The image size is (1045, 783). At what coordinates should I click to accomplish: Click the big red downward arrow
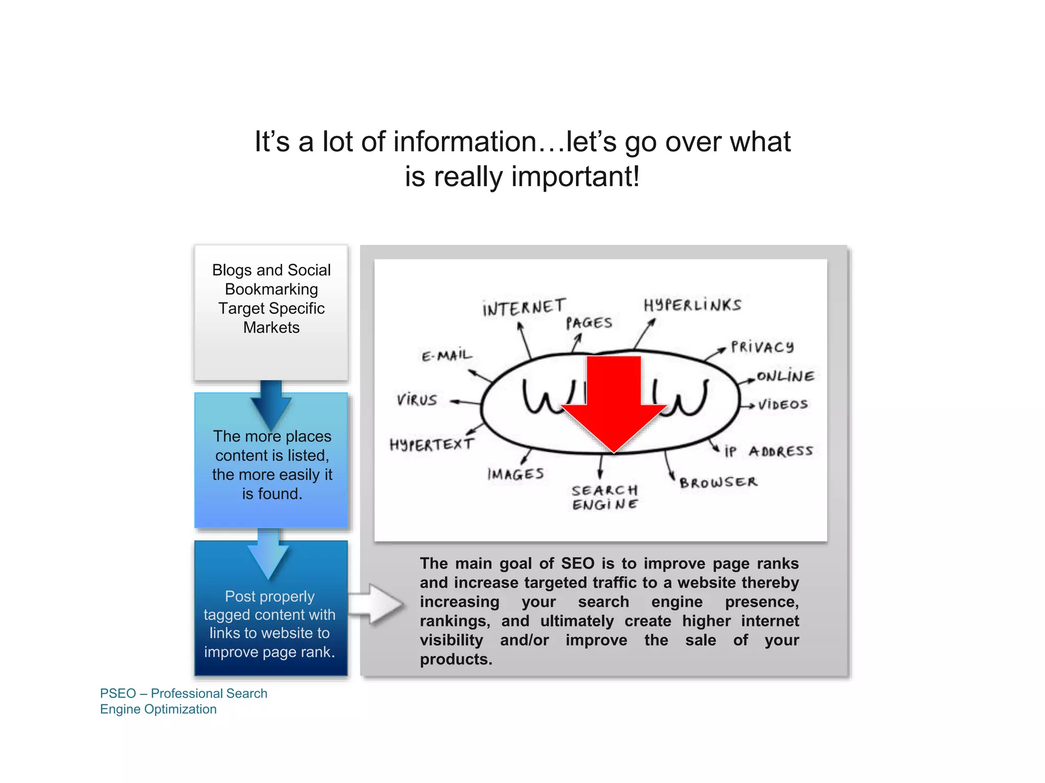[614, 403]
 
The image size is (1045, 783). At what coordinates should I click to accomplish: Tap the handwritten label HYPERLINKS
[692, 305]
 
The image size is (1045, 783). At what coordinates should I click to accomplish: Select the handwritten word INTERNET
[524, 307]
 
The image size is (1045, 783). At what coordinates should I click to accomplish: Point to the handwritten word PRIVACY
[762, 347]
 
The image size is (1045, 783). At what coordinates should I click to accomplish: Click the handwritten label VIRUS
[417, 400]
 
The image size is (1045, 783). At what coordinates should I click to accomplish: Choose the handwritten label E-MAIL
[447, 355]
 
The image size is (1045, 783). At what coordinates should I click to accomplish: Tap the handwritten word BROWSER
[718, 482]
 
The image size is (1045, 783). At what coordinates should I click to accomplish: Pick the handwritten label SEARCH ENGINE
[605, 497]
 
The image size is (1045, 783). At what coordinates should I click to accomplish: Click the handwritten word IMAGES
[515, 474]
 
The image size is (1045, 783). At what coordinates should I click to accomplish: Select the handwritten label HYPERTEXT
[432, 445]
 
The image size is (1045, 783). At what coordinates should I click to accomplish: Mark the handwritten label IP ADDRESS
[768, 451]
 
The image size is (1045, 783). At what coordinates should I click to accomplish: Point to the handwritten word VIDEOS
[783, 405]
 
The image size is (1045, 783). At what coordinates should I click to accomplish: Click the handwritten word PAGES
[589, 323]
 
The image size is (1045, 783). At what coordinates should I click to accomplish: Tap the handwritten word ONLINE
[785, 376]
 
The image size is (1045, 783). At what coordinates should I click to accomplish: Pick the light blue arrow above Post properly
[268, 554]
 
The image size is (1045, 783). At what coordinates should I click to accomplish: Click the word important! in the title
[575, 176]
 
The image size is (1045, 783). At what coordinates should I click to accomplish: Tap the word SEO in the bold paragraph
[578, 563]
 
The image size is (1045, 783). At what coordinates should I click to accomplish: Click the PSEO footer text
[183, 701]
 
